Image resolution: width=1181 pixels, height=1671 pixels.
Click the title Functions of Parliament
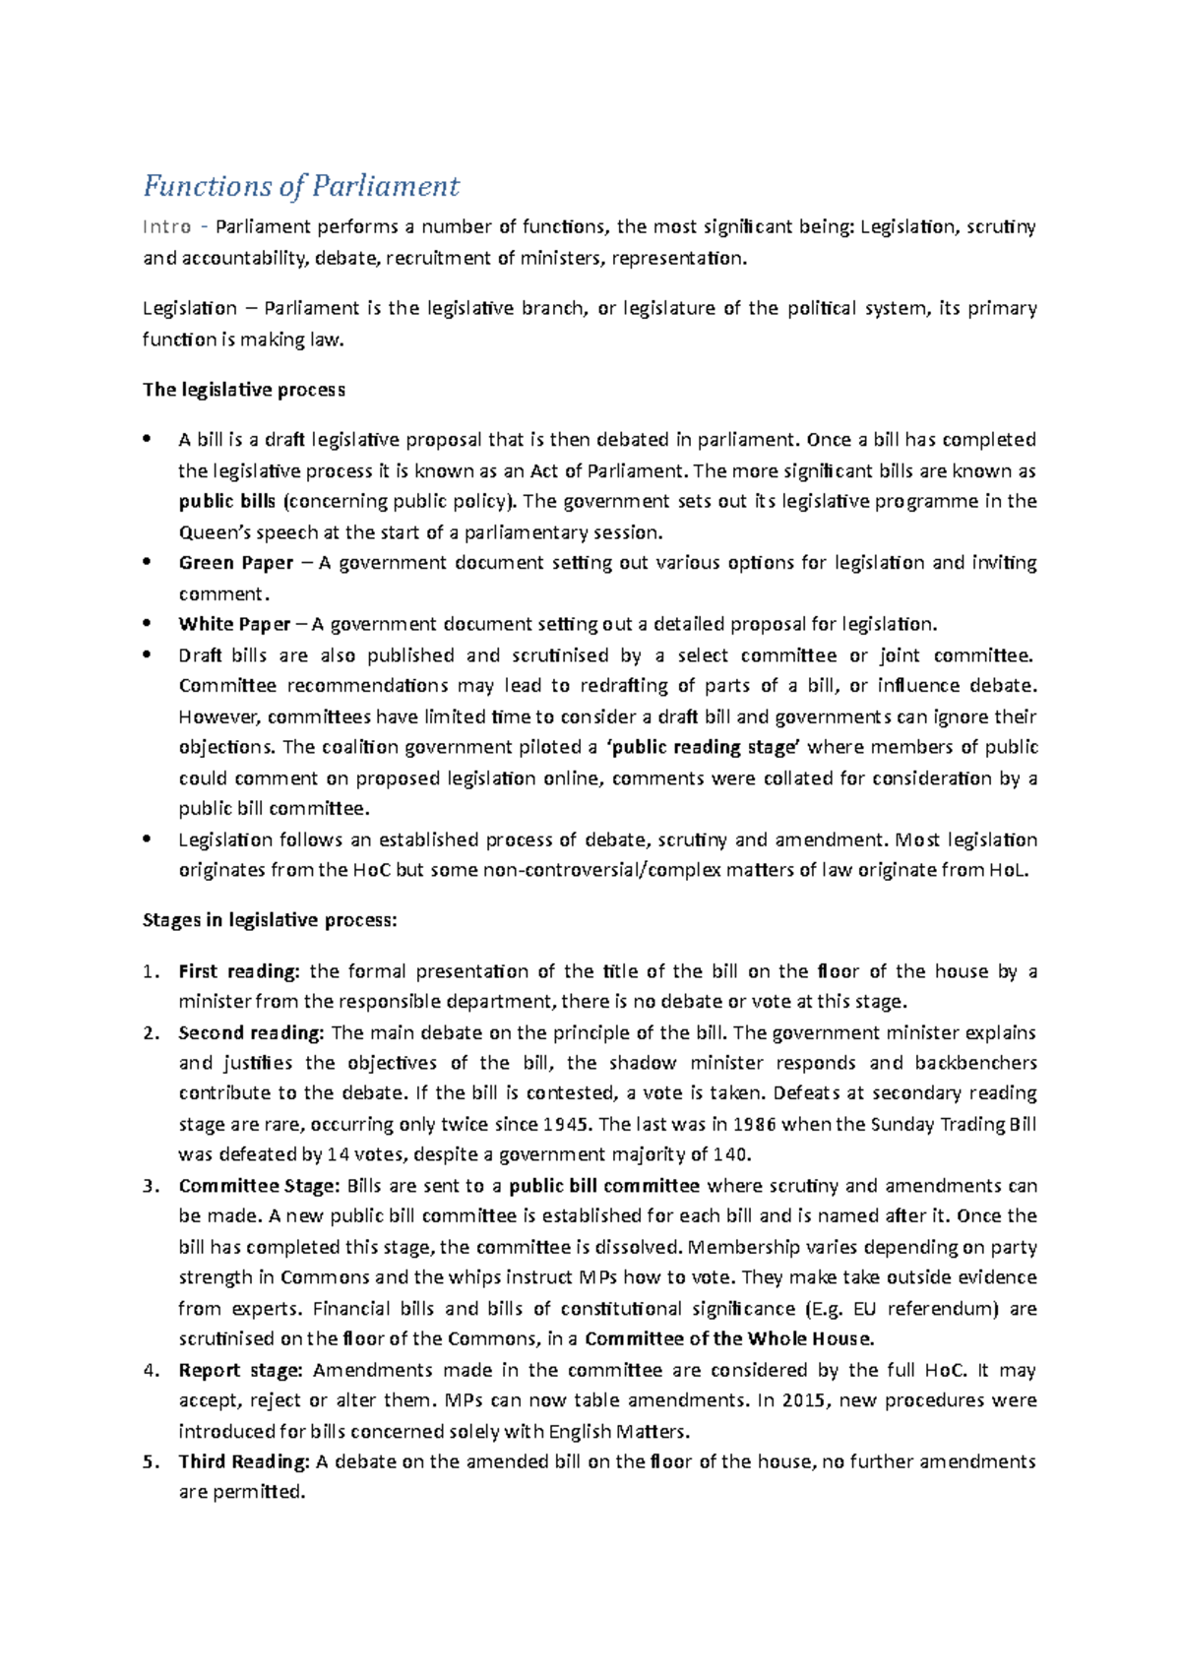pos(301,186)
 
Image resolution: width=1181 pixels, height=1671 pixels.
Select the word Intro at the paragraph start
pos(166,227)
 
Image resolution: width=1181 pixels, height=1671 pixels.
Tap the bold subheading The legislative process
pos(243,390)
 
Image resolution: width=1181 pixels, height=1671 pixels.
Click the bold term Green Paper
pos(236,563)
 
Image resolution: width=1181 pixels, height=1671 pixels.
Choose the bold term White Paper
pos(234,624)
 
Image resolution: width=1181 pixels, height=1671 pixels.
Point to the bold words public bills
pos(227,501)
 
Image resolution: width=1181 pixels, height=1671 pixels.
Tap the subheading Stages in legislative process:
pos(270,921)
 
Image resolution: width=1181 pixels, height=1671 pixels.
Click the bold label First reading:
pos(238,971)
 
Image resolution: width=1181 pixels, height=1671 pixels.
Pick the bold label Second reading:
pos(251,1032)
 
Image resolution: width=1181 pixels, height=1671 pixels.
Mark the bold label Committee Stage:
pos(259,1186)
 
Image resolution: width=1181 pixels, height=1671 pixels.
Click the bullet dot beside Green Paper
pos(148,562)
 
